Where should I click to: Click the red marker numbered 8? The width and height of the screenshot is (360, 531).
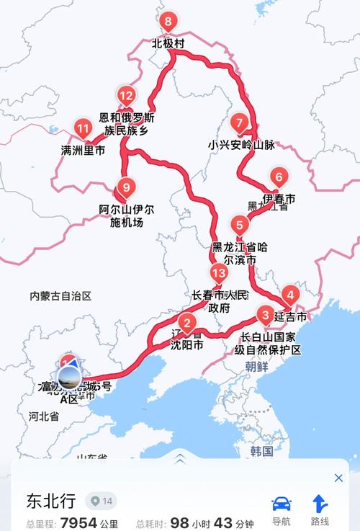click(x=168, y=22)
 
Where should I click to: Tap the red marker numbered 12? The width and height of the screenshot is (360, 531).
click(x=127, y=95)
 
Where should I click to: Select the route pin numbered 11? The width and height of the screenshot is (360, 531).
click(x=83, y=130)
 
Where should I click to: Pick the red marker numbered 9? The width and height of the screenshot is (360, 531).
click(x=126, y=188)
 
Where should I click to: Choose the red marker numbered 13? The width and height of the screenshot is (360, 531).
click(x=220, y=273)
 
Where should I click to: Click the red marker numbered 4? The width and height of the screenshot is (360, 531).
click(x=289, y=294)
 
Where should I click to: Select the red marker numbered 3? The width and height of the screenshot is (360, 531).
click(x=266, y=315)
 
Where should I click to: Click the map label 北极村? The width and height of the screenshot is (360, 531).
click(x=168, y=44)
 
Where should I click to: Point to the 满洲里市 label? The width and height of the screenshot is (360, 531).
click(x=83, y=151)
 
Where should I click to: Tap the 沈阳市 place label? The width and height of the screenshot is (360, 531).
click(x=186, y=345)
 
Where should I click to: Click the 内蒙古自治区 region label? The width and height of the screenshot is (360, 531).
click(x=61, y=296)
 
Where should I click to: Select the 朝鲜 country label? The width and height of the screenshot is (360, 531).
click(x=256, y=366)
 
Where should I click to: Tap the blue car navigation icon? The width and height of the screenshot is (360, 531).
click(x=281, y=504)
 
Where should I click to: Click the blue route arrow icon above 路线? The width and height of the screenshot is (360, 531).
click(x=320, y=504)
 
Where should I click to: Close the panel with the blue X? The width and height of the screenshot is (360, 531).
click(x=338, y=478)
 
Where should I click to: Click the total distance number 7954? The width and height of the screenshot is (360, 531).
click(x=79, y=521)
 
